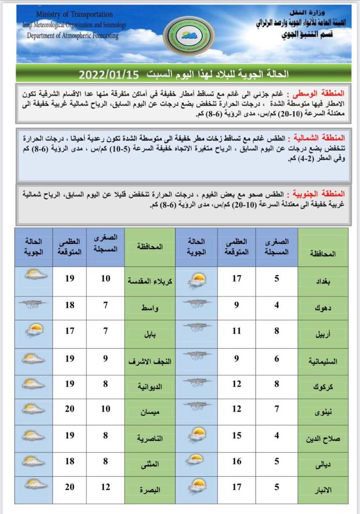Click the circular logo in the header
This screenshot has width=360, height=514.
(x=188, y=36)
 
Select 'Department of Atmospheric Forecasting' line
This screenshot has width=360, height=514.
(x=73, y=36)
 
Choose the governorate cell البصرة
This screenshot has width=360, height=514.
(x=149, y=488)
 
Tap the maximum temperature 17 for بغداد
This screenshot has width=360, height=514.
(x=236, y=278)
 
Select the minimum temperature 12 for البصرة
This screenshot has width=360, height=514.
(x=105, y=487)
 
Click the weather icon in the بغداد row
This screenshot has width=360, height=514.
(x=196, y=279)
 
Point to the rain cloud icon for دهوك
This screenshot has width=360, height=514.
(x=196, y=304)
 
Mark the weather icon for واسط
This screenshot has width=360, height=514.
(x=34, y=304)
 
